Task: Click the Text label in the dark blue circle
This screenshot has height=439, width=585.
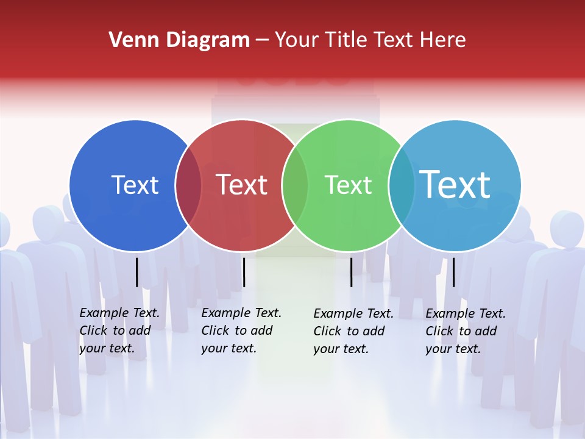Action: point(135,185)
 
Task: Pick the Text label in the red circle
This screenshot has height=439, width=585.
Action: point(242,185)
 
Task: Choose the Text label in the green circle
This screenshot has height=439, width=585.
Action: point(348,185)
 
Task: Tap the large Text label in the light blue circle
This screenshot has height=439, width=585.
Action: point(455,185)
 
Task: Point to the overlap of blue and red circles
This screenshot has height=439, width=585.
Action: point(188,185)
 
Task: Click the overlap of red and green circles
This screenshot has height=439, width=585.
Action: point(295,185)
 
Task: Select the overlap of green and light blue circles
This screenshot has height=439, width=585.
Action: point(402,185)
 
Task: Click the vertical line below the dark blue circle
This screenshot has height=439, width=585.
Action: point(136,272)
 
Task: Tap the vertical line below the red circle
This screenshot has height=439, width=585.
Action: point(244,272)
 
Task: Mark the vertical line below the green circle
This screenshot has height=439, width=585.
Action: point(351,272)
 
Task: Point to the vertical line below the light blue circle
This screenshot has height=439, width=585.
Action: point(453,272)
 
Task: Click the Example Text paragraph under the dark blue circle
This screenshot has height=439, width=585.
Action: point(119,330)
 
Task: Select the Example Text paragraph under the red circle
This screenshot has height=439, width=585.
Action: point(241,330)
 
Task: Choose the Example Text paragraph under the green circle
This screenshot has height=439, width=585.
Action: point(353,331)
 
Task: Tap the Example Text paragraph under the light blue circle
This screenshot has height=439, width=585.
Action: point(466,331)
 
